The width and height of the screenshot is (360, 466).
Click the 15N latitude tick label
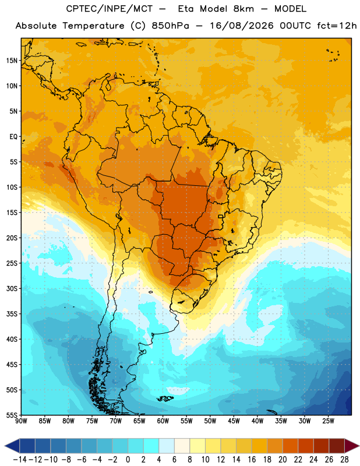tap(12, 61)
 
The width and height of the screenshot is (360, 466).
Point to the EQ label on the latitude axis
tap(13, 137)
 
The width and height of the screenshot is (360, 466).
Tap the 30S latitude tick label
tap(12, 288)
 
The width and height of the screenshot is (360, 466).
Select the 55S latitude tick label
tap(12, 415)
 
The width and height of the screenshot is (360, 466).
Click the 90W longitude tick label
tap(21, 421)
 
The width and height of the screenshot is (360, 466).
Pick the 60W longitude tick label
tap(163, 421)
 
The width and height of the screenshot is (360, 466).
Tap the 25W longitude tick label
tap(328, 421)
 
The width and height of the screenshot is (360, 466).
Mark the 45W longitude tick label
tap(234, 421)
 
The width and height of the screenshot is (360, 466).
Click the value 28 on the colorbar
tap(344, 460)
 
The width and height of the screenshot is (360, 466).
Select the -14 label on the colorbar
tap(20, 460)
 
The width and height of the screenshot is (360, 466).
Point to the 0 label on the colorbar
tap(128, 460)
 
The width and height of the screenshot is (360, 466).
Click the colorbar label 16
tap(252, 460)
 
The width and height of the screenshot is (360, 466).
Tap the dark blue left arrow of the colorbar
tap(12, 446)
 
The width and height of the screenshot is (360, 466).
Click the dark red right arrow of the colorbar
tap(352, 446)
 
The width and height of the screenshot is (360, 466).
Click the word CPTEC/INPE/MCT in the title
tap(109, 9)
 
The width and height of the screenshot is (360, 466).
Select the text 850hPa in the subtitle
tap(170, 26)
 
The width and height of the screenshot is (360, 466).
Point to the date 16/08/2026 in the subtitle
tap(242, 26)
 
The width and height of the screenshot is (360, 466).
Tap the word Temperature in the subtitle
tap(93, 26)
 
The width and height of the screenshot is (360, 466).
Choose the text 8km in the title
tap(243, 9)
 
